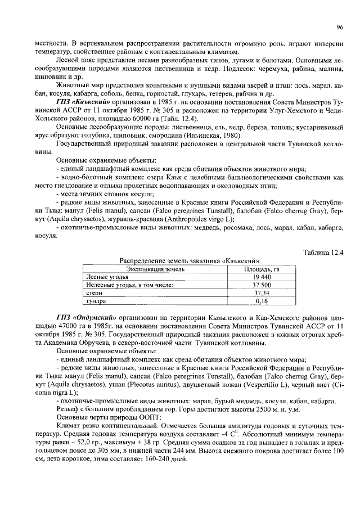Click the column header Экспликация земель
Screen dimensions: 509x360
(x=152, y=269)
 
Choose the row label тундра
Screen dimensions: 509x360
(x=96, y=301)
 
